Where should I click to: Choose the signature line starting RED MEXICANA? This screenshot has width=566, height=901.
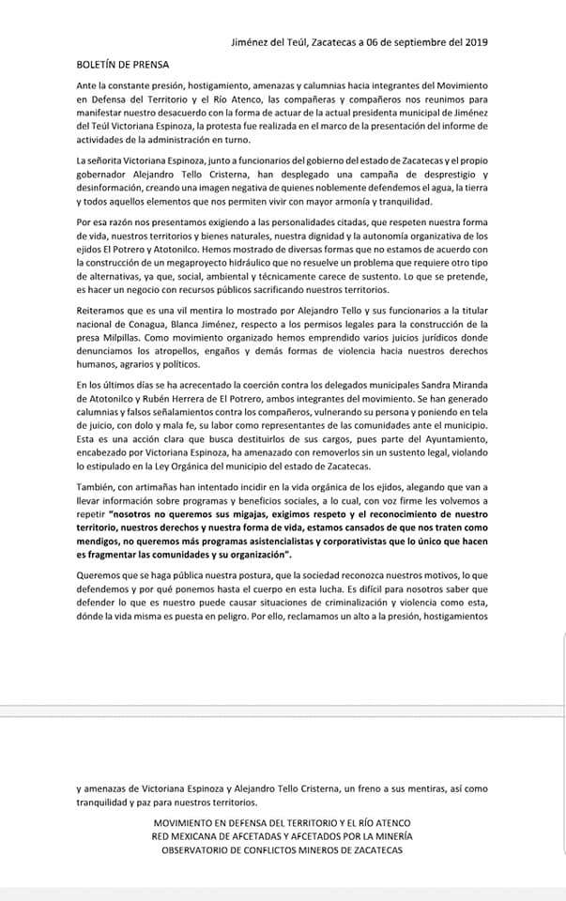[282, 836]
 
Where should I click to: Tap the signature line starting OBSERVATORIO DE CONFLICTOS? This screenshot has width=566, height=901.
[282, 849]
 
